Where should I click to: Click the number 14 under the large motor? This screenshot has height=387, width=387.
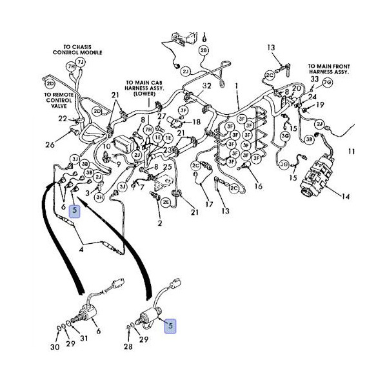coord(345,196)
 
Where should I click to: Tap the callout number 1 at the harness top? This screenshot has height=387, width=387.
coord(236,85)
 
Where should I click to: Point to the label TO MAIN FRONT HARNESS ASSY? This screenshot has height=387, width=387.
coord(328,70)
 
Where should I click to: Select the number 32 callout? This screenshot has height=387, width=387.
coord(206,85)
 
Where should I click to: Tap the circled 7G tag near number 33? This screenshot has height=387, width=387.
coord(328,83)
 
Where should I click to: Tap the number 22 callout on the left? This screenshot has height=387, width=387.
coord(62,119)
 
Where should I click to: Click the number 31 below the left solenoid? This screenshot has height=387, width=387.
coord(84,339)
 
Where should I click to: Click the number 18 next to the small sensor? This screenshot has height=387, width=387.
coord(197,121)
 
